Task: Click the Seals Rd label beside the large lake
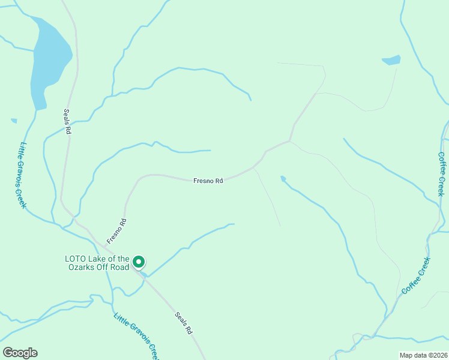[x=68, y=122]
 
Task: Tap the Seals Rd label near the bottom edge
[x=184, y=322]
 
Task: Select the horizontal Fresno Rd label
[x=208, y=180]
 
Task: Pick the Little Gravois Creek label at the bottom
[x=137, y=335]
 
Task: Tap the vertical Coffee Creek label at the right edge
[x=441, y=173]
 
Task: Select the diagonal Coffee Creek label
[x=416, y=276]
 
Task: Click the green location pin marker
[x=139, y=262]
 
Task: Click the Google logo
[x=20, y=353]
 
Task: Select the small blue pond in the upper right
[x=391, y=60]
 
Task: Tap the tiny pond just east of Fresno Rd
[x=283, y=179]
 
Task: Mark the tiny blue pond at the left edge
[x=14, y=121]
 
